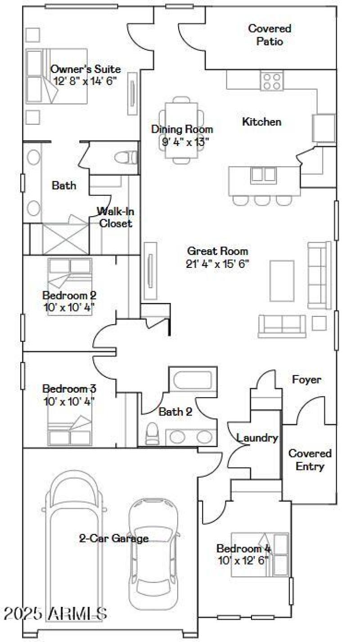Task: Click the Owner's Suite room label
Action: point(85,69)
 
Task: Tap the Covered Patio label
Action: point(270,35)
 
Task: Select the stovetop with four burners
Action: point(271,81)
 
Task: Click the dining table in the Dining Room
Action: point(182,130)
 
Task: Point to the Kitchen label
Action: point(261,122)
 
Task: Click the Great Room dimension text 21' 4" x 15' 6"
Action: point(217,264)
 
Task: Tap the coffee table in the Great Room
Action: point(282,281)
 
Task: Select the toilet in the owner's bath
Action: point(125,157)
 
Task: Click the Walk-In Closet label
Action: point(116,217)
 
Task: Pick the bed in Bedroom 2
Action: point(70,287)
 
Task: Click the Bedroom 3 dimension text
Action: point(69,400)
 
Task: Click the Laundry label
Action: point(257,437)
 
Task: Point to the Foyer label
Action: point(306,380)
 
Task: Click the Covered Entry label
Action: point(310,460)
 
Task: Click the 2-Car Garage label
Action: point(114,538)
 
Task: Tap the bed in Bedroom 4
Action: point(260,554)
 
